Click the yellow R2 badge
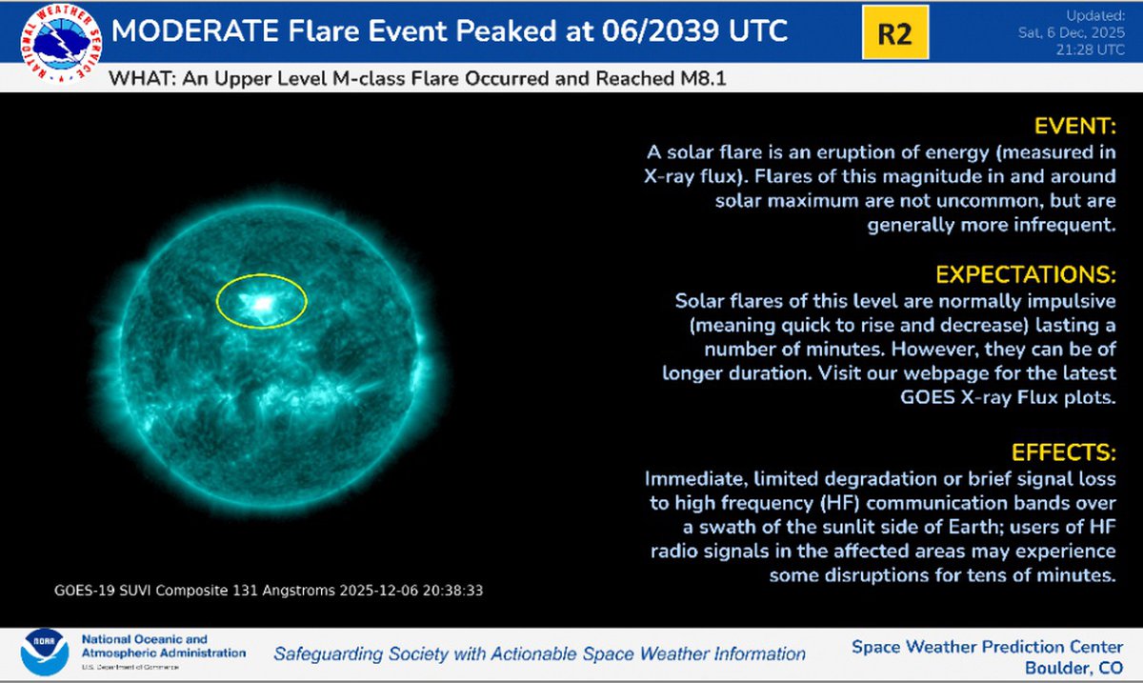coord(895,32)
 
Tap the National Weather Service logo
coord(61,44)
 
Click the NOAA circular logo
coord(45,652)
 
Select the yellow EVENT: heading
coord(1075,126)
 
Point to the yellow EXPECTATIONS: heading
coord(1026,274)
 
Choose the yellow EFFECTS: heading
coord(1064,452)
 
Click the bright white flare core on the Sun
coord(262,304)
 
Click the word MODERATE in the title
coord(195,30)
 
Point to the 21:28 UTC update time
coord(1090,50)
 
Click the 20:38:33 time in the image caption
coord(453,591)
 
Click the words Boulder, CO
coord(1074,668)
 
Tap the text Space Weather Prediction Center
coord(988,647)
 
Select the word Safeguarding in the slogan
coord(328,653)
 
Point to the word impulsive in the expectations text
coord(1071,302)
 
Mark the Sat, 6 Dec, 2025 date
coord(1072,32)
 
